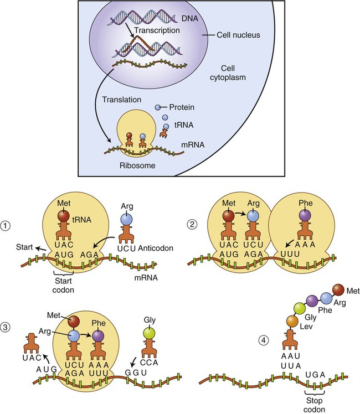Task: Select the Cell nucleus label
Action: coord(231,35)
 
